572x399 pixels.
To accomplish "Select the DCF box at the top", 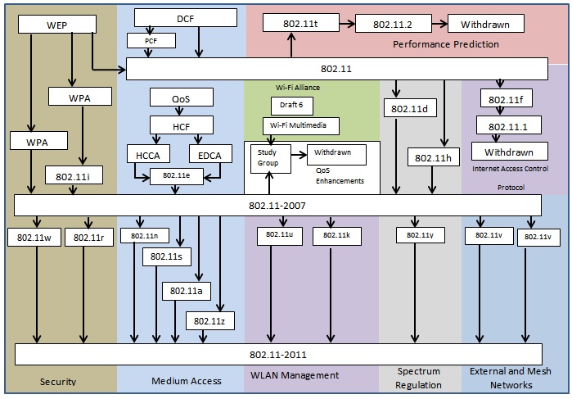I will tap(185, 18).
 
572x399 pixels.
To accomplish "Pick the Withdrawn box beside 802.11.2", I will tap(484, 24).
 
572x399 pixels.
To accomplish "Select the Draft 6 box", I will tap(286, 106).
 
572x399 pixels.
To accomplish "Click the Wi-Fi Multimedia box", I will tap(300, 125).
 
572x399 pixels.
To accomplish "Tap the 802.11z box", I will tap(211, 320).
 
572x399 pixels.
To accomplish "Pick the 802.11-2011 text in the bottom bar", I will tap(278, 354).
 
